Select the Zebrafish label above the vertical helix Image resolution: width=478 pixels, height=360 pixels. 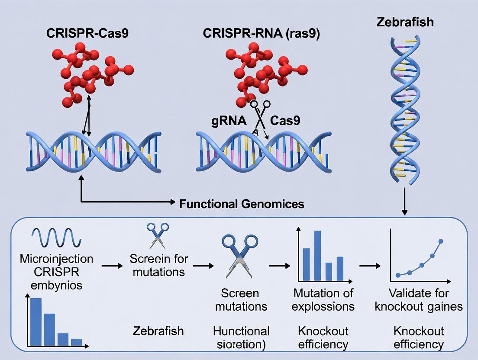[405, 22]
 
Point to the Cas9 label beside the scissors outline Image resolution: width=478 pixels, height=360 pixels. [285, 121]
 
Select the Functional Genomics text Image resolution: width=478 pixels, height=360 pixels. [242, 203]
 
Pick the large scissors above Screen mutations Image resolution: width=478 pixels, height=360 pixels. [239, 255]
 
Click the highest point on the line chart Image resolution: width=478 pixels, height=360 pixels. [441, 241]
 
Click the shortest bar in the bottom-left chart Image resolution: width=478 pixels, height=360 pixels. [76, 342]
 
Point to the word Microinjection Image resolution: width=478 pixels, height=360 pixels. [56, 259]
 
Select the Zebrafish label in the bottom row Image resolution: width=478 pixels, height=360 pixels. [158, 331]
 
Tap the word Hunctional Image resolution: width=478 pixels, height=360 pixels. [241, 331]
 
